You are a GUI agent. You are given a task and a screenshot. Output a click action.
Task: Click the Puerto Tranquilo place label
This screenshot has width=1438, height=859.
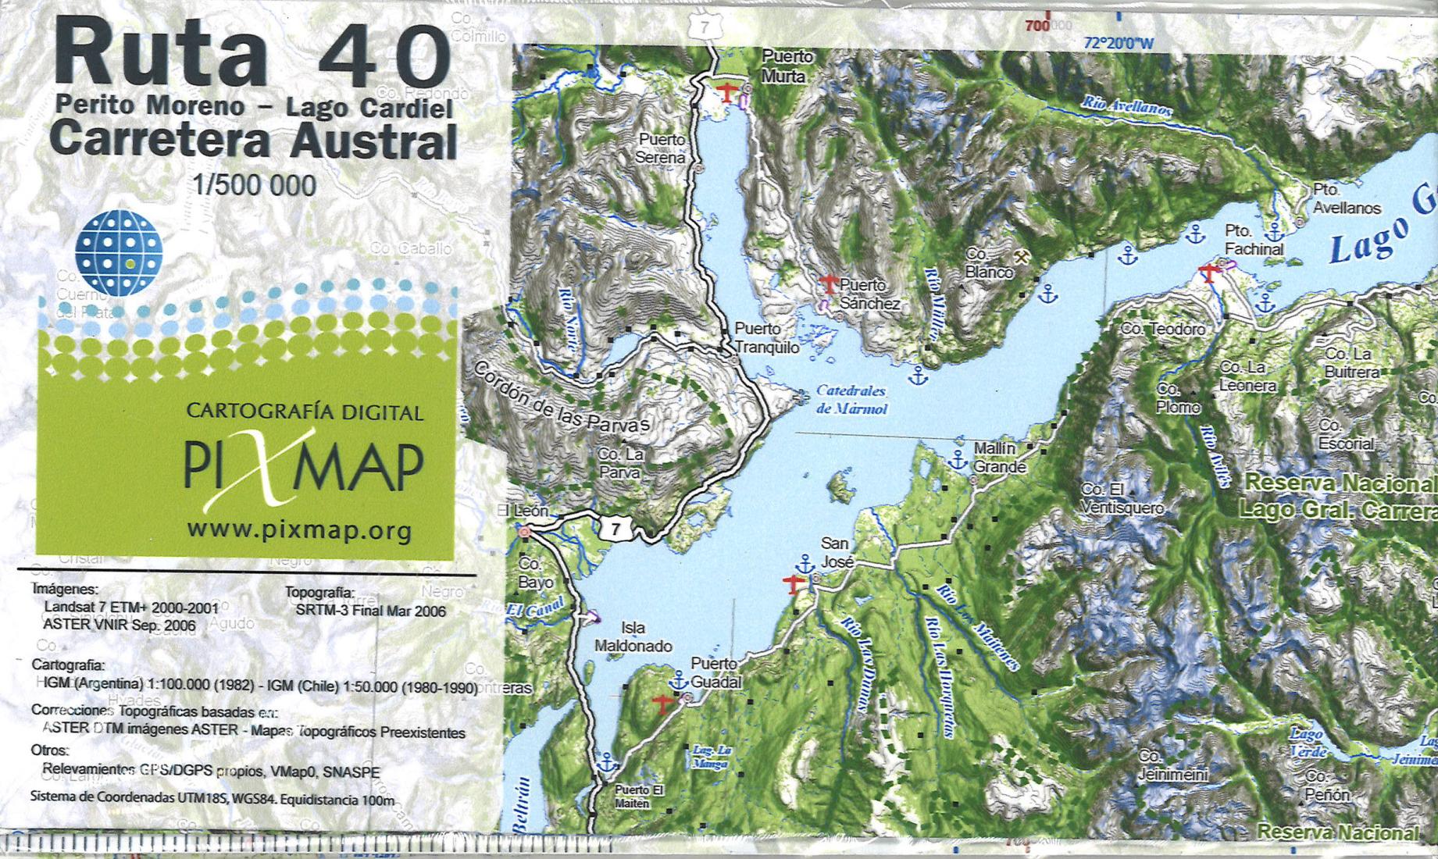click(766, 338)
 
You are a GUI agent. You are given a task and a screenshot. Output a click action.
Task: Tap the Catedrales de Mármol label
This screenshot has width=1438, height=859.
click(851, 399)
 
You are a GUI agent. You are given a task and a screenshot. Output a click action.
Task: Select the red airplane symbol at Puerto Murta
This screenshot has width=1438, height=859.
click(726, 92)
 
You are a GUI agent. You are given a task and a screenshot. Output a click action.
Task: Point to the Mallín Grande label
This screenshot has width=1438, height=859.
click(997, 458)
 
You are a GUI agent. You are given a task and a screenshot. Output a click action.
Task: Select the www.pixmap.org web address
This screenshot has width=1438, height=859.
click(299, 532)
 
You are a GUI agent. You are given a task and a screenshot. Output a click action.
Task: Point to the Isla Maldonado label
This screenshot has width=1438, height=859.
click(633, 636)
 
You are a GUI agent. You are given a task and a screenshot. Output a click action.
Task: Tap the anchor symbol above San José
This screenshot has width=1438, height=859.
click(805, 562)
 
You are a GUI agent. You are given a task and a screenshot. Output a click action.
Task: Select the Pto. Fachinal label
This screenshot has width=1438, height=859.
click(1253, 240)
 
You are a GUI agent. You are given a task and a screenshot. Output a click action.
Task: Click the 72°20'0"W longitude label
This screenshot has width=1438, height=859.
click(1118, 44)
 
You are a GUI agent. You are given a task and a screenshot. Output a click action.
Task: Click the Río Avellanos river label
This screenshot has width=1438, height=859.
click(1126, 106)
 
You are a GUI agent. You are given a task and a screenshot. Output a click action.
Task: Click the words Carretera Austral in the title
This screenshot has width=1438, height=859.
click(253, 141)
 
